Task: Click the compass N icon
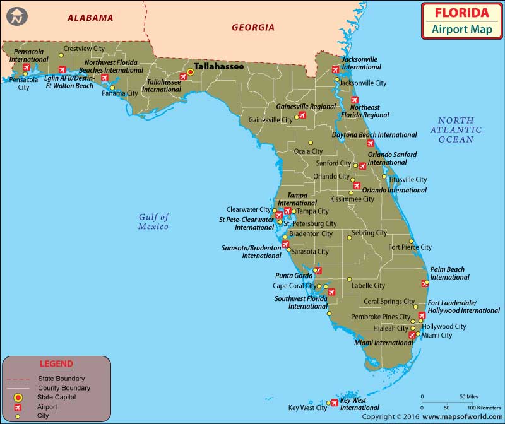[x=16, y=16]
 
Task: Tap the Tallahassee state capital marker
[x=190, y=72]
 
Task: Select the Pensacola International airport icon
[x=27, y=68]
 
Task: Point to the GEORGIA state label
[x=253, y=27]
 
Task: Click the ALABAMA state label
[x=90, y=18]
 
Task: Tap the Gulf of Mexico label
[x=153, y=221]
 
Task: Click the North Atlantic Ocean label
[x=456, y=130]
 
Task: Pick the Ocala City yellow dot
[x=310, y=143]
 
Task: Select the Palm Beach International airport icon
[x=424, y=283]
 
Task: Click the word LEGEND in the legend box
[x=56, y=364]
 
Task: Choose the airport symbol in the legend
[x=19, y=407]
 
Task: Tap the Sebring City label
[x=369, y=233]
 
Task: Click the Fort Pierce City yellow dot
[x=412, y=241]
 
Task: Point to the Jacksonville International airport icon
[x=336, y=70]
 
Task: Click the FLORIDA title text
[x=461, y=13]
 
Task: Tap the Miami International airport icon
[x=412, y=336]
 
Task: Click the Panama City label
[x=120, y=93]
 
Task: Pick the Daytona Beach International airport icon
[x=371, y=143]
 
